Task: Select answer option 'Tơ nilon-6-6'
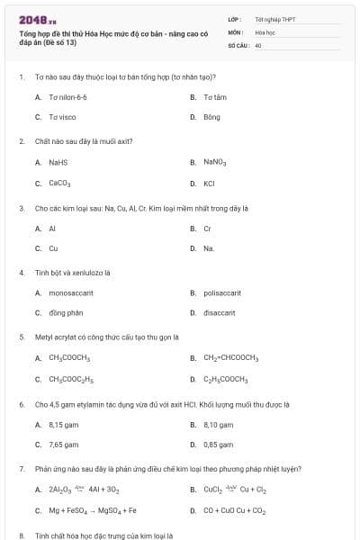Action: click(x=67, y=96)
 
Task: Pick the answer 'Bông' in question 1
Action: click(x=211, y=117)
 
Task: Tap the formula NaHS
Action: click(x=58, y=163)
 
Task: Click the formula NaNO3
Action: click(x=214, y=163)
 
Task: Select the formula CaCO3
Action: click(x=60, y=184)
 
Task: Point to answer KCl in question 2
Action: click(x=209, y=184)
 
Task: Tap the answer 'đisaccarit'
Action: click(x=219, y=313)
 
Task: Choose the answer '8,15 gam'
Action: click(x=65, y=424)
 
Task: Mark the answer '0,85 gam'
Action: click(x=219, y=445)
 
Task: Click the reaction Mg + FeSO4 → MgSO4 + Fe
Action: click(x=92, y=510)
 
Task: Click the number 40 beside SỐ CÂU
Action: click(x=257, y=43)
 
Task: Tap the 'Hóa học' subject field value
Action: click(x=265, y=31)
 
